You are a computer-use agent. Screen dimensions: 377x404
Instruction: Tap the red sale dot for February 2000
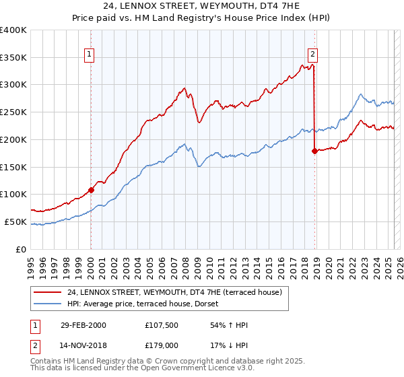(x=92, y=190)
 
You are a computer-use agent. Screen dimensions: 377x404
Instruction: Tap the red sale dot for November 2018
(x=314, y=151)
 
